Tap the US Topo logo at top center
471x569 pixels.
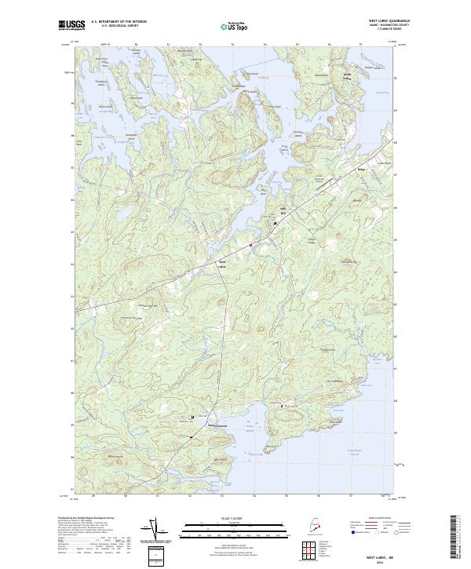(230, 26)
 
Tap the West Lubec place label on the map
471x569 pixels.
(222, 263)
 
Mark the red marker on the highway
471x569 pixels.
(250, 245)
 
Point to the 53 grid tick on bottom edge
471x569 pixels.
(222, 496)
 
